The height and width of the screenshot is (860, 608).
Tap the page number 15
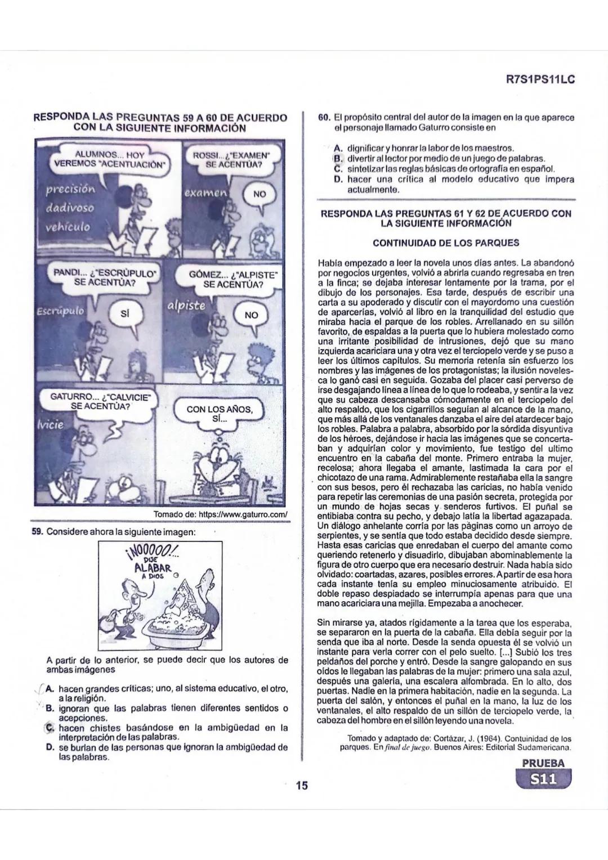(302, 785)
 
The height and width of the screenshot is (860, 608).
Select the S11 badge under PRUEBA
(543, 780)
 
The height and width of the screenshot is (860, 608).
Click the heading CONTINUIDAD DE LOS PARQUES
(446, 243)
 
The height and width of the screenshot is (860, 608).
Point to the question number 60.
(324, 118)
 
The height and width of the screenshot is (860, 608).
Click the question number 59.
(38, 532)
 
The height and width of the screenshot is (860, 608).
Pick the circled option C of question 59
(50, 728)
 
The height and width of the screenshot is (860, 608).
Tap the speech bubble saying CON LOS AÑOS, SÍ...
(220, 414)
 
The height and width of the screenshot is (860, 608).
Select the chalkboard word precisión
(70, 189)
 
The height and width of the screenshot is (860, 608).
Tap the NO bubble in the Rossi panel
(260, 194)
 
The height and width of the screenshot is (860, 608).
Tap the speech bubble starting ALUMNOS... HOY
(110, 159)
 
